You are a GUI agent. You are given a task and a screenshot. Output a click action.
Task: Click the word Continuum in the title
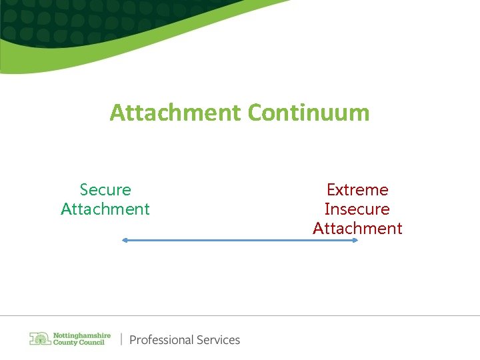click(x=308, y=113)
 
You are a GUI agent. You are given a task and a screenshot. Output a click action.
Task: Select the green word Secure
click(x=105, y=190)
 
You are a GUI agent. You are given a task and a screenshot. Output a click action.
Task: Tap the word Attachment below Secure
click(x=105, y=209)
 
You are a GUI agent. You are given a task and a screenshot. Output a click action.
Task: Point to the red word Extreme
click(x=357, y=190)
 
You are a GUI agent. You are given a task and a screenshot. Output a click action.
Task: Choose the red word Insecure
click(x=357, y=209)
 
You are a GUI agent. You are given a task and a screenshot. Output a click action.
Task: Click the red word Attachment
click(x=357, y=229)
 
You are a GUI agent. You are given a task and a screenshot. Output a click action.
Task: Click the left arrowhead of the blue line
click(x=124, y=241)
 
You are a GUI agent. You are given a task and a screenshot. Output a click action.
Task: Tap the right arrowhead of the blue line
click(x=355, y=241)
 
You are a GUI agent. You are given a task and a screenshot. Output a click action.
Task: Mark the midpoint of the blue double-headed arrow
click(x=240, y=241)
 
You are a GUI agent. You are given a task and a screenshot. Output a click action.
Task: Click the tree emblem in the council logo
click(x=40, y=339)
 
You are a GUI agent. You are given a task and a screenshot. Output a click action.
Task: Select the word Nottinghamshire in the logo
click(x=81, y=335)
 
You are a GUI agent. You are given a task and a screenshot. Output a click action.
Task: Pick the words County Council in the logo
click(x=78, y=343)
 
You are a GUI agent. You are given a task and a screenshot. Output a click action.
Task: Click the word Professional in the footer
click(x=159, y=340)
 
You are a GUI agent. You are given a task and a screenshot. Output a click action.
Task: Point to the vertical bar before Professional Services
click(x=121, y=339)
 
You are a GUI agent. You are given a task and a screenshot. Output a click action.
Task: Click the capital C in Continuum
click(x=255, y=113)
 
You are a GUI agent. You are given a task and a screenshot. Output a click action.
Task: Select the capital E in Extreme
click(x=331, y=190)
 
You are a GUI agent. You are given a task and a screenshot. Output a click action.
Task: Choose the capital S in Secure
click(x=84, y=190)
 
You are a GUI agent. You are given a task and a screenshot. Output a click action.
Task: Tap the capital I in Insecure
click(x=327, y=209)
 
